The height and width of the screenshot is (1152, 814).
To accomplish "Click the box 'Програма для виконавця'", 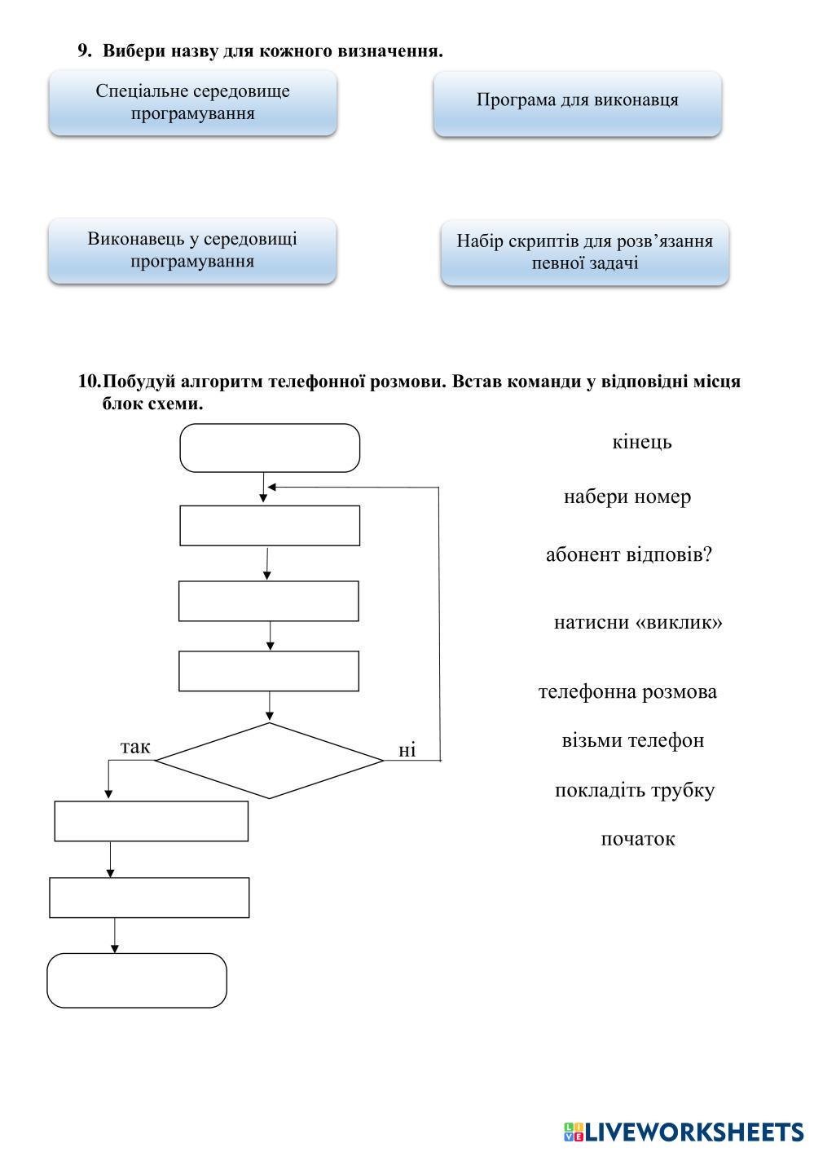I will click(577, 102).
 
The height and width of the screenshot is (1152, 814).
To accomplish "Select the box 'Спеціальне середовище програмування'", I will click(192, 103).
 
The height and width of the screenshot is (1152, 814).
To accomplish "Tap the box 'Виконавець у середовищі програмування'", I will click(192, 250).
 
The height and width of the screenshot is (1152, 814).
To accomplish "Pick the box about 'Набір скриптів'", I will click(584, 252).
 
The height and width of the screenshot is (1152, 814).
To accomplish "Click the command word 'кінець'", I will click(641, 442).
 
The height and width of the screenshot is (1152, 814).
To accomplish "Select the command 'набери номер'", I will click(627, 497).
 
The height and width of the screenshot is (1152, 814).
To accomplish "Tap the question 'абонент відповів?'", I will click(628, 554).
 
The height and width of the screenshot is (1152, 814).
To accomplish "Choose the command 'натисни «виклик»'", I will click(637, 622).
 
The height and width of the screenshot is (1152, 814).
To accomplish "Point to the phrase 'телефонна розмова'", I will click(627, 691).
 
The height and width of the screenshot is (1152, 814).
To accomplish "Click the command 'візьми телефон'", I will click(632, 740).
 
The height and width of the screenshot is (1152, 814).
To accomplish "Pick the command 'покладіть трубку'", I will click(634, 790).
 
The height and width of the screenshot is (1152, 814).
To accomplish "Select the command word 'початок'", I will click(637, 839).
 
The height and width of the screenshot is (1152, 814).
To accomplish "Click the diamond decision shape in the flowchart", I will click(269, 761).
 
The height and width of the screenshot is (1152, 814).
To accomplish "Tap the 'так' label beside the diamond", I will click(135, 747).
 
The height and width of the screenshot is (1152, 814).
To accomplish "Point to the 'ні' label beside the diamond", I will click(407, 750).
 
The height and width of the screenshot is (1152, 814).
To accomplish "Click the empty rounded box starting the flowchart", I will click(269, 448).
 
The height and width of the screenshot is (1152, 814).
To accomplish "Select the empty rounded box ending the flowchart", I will click(136, 980).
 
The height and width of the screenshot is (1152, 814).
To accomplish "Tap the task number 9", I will click(84, 51).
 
